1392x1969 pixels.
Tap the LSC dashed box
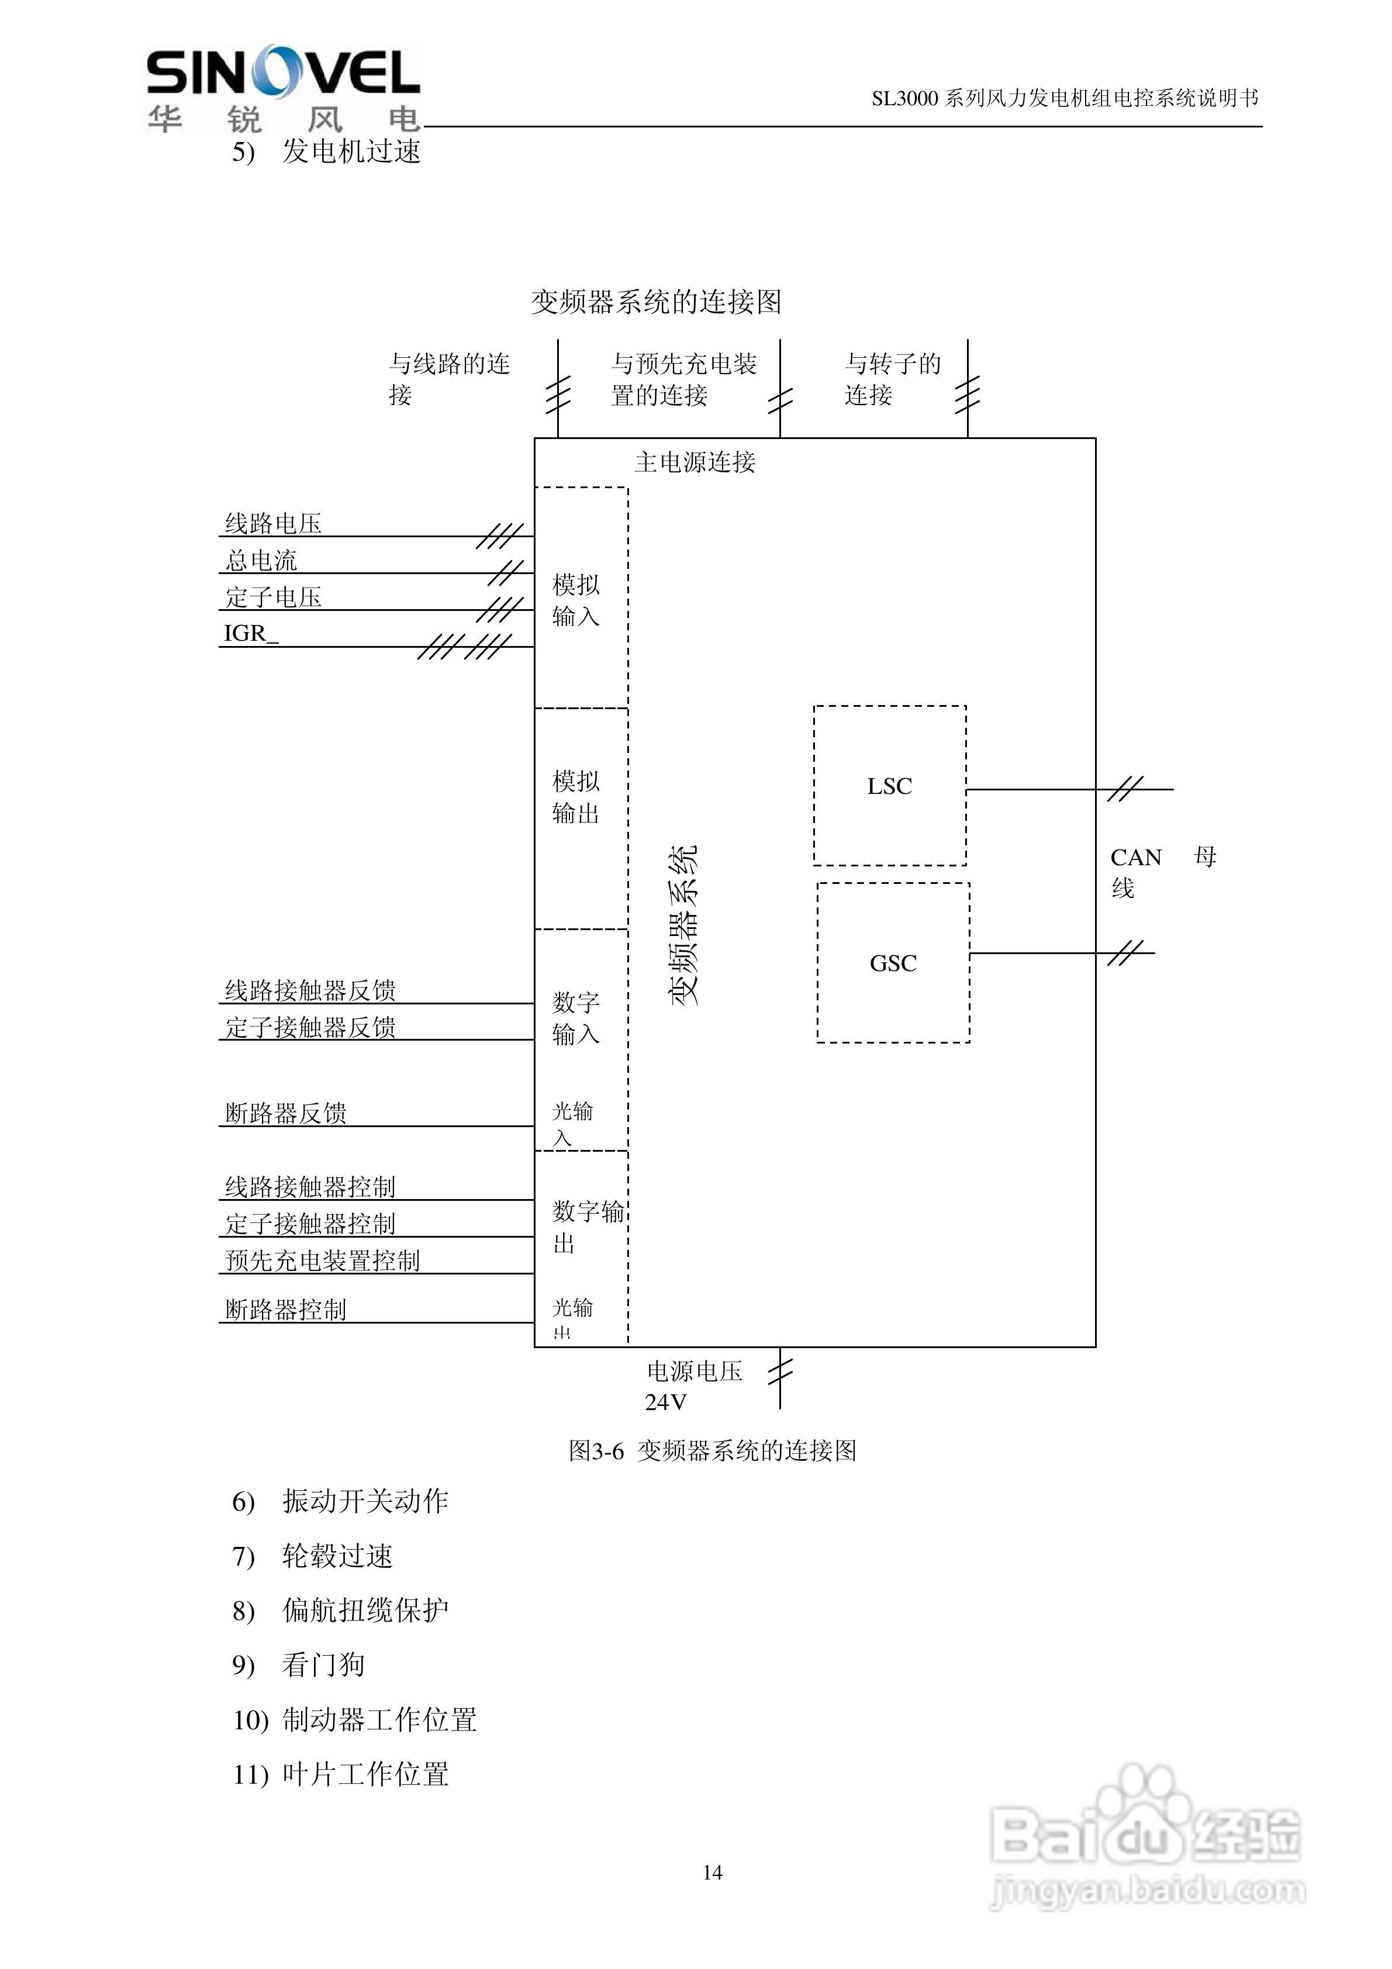click(x=889, y=786)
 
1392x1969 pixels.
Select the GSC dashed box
click(x=893, y=963)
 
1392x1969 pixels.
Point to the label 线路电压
click(x=274, y=523)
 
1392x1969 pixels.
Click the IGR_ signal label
click(x=250, y=633)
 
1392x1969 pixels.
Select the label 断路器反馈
click(x=286, y=1113)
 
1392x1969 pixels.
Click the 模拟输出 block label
click(x=575, y=797)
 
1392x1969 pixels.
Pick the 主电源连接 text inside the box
click(x=695, y=462)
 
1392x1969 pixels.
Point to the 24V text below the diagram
click(x=665, y=1402)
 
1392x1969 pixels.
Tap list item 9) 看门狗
click(x=299, y=1664)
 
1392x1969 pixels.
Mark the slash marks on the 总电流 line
click(x=506, y=573)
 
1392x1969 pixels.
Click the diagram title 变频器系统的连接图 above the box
click(x=656, y=301)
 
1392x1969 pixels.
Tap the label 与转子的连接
click(x=892, y=379)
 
